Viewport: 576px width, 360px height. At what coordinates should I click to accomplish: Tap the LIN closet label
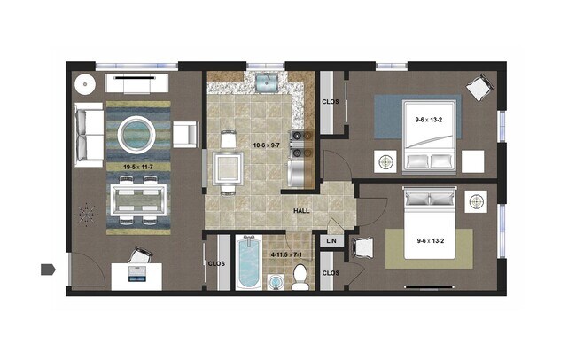tap(331, 240)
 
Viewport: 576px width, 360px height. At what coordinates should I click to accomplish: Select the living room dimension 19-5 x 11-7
tap(137, 165)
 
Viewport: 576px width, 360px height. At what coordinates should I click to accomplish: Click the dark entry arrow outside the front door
tap(47, 268)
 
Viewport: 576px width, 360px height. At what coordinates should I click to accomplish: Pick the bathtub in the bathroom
tap(248, 263)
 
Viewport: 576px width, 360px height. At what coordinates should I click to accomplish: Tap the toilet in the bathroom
tap(300, 276)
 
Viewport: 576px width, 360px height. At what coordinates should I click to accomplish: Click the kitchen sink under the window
tap(265, 84)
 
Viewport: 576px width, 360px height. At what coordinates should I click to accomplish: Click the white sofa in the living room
tap(89, 135)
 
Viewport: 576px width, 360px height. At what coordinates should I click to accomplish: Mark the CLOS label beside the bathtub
tap(215, 262)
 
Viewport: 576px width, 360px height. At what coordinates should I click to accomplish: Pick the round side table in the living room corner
tap(85, 85)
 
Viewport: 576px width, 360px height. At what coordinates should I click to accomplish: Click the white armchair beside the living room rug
tap(186, 134)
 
